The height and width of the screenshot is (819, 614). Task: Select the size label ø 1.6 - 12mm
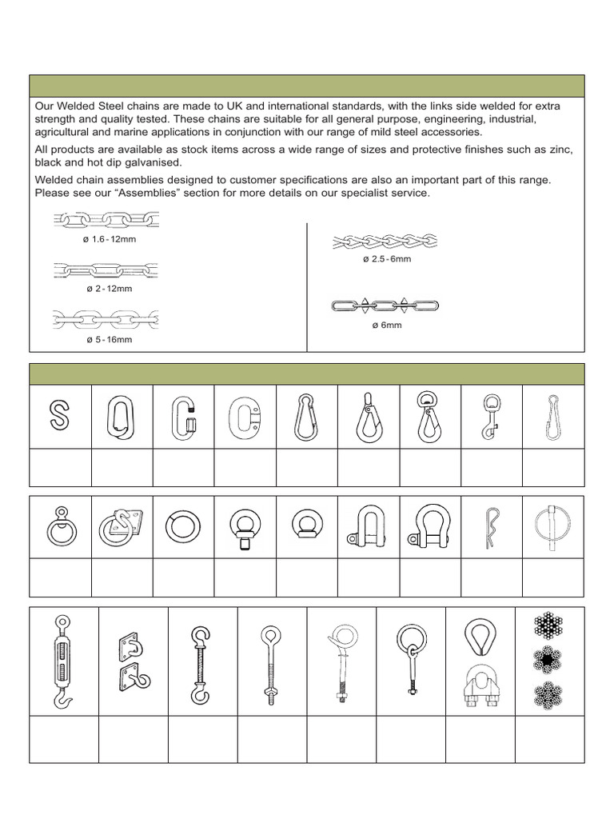coord(106,239)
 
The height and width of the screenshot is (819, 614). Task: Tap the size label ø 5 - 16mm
coord(109,339)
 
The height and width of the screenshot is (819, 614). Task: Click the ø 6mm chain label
coord(386,326)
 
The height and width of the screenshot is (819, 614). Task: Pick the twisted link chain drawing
coord(385,240)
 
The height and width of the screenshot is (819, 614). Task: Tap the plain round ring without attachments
coord(183,528)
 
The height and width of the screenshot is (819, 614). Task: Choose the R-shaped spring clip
coord(490,527)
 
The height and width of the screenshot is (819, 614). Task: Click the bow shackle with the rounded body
coord(429,527)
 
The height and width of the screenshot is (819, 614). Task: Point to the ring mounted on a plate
coord(122,527)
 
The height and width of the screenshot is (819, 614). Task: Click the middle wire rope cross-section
coord(549,660)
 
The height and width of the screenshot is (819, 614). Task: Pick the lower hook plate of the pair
coord(131,682)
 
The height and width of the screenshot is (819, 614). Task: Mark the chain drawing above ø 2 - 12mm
coord(106,270)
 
